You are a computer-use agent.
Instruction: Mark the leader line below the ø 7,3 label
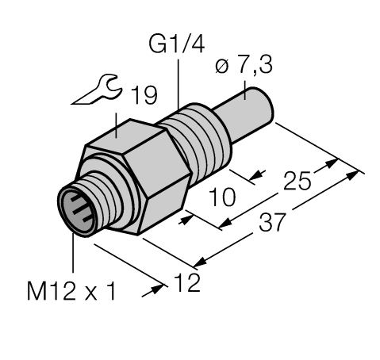[x=248, y=89]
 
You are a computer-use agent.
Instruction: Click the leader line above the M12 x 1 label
[x=73, y=254]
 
